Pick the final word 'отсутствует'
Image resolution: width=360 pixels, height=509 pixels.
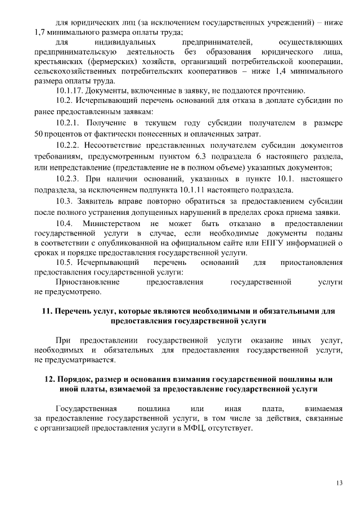[233, 427]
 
